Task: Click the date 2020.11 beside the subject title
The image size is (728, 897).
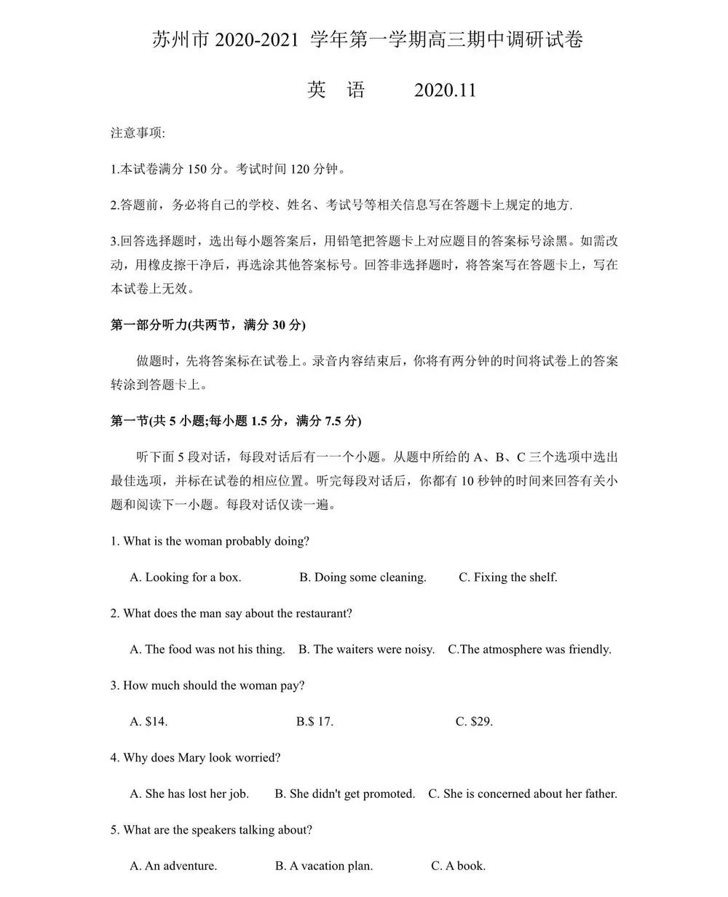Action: pyautogui.click(x=445, y=90)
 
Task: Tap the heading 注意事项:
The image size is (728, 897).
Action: pyautogui.click(x=138, y=133)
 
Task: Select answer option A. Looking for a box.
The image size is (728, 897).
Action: pyautogui.click(x=186, y=577)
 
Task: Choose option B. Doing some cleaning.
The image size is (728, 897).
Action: pyautogui.click(x=363, y=577)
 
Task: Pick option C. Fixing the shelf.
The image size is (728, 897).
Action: pyautogui.click(x=507, y=577)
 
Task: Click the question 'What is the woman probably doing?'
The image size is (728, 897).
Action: pyautogui.click(x=210, y=541)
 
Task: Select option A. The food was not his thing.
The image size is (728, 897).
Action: pyautogui.click(x=207, y=649)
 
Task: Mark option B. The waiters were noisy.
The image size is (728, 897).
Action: pyautogui.click(x=366, y=649)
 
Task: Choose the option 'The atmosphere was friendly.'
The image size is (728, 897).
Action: pyautogui.click(x=529, y=649)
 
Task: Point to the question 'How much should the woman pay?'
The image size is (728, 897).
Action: pyautogui.click(x=207, y=686)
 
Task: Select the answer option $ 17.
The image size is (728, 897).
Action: pyautogui.click(x=314, y=722)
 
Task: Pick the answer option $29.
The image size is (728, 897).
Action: pyautogui.click(x=474, y=722)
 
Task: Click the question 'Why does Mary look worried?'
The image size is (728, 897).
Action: pyautogui.click(x=196, y=758)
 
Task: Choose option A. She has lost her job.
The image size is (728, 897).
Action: pyautogui.click(x=189, y=794)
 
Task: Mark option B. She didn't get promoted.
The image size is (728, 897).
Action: pyautogui.click(x=344, y=794)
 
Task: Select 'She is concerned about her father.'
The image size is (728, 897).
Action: pyautogui.click(x=523, y=794)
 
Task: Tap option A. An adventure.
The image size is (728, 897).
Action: pyautogui.click(x=173, y=866)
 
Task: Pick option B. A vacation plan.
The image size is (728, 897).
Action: pyautogui.click(x=324, y=866)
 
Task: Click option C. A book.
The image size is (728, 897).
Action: pyautogui.click(x=458, y=866)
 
